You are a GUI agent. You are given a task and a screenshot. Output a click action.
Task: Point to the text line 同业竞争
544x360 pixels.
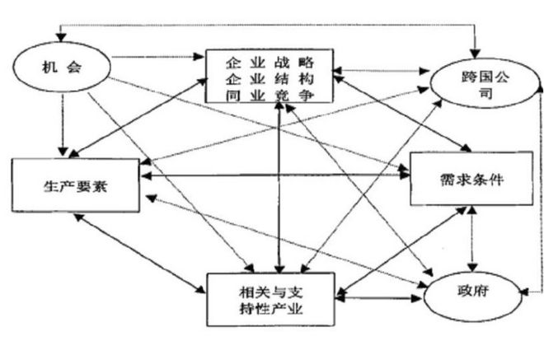(x=270, y=95)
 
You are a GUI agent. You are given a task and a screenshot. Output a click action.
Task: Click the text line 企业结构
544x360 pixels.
(x=270, y=79)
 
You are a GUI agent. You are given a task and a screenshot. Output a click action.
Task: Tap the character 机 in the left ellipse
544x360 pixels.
(x=49, y=67)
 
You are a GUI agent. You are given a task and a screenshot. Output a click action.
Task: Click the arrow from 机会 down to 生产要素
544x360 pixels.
(x=63, y=124)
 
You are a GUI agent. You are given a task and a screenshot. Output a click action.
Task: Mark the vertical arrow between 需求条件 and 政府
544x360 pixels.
(x=471, y=239)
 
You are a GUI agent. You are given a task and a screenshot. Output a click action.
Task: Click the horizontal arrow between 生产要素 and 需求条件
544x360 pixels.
(x=275, y=175)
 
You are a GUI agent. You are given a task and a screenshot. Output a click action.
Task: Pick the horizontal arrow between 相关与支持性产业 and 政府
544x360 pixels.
(x=378, y=298)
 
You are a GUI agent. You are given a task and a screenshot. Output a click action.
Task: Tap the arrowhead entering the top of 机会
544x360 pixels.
(x=62, y=37)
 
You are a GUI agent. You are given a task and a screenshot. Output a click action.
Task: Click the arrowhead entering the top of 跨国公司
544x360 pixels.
(x=476, y=54)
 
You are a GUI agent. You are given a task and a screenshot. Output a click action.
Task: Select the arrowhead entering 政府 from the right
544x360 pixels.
(x=526, y=292)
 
